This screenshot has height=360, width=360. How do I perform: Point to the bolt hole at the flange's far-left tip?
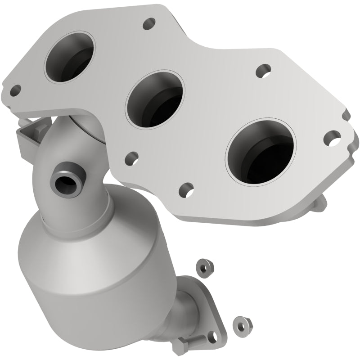16,90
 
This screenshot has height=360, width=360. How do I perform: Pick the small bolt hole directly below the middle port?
131,157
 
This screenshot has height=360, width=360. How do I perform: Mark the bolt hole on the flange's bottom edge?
186,189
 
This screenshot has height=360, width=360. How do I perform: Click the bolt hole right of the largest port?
333,137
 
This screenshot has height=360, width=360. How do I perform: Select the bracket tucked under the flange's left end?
29,133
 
